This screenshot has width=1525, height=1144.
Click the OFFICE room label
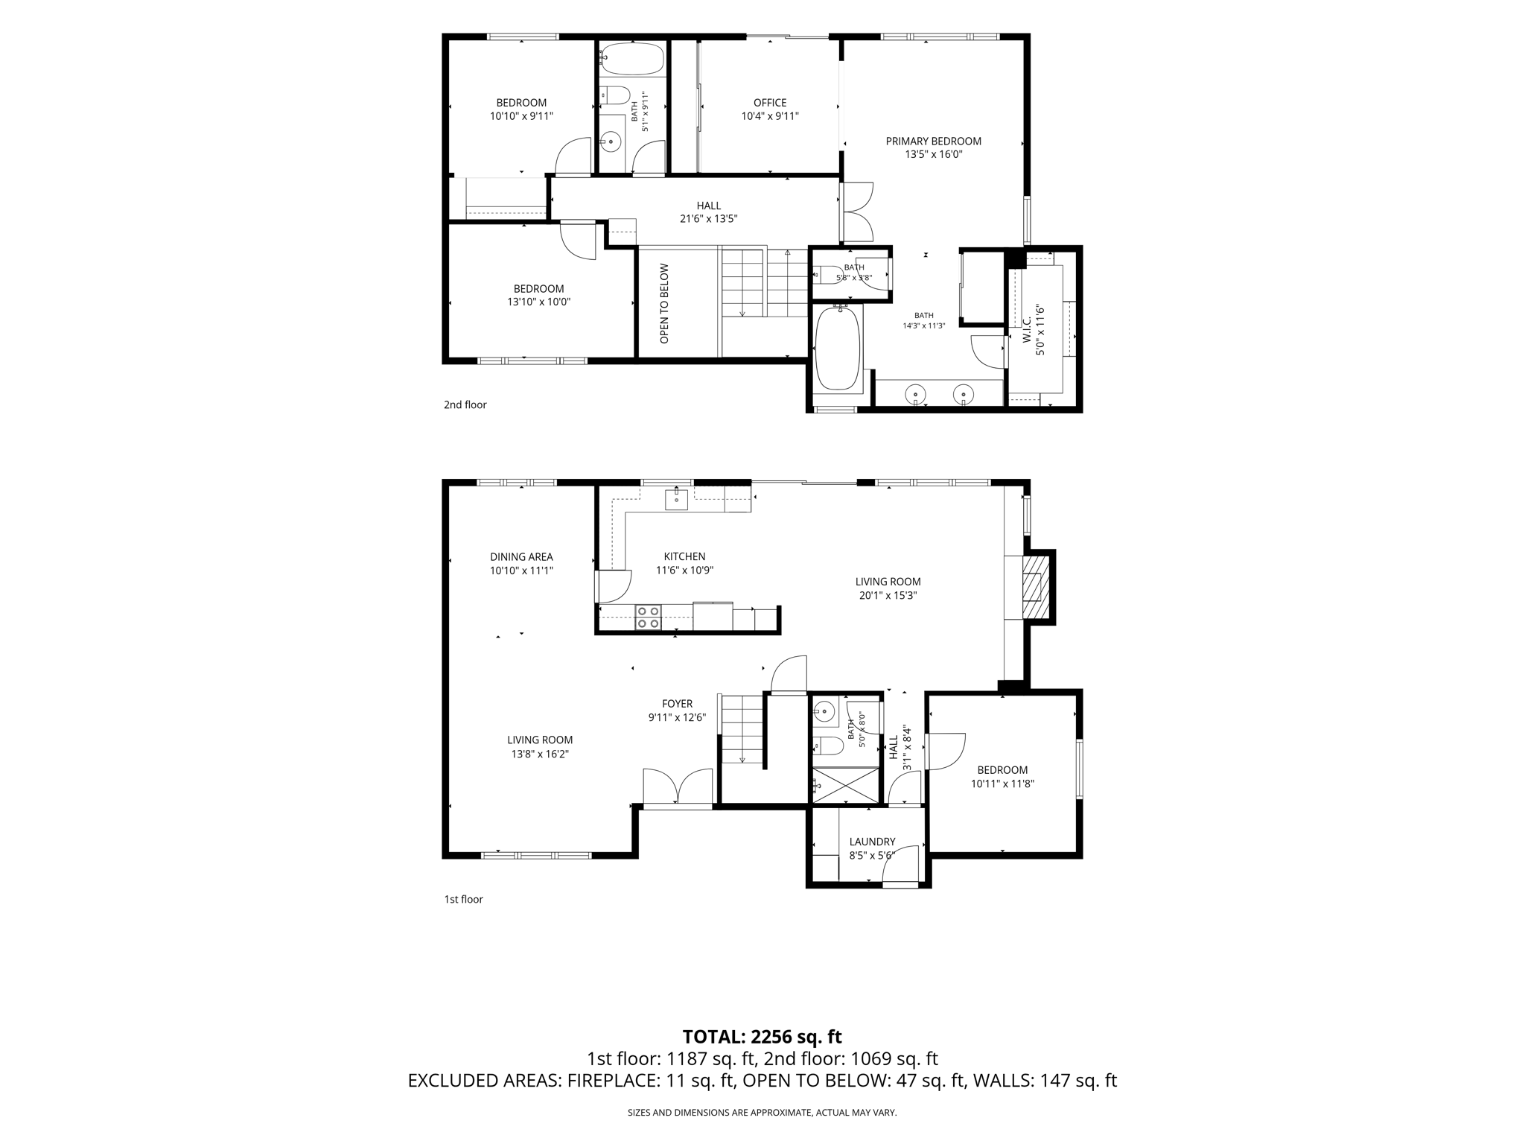click(x=770, y=103)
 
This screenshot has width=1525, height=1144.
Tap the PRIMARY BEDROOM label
click(x=934, y=142)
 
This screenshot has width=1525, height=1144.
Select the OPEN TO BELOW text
click(x=664, y=304)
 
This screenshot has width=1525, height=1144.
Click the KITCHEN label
click(x=684, y=556)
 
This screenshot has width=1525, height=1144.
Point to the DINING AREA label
click(x=521, y=557)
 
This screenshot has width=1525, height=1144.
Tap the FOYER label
click(x=677, y=704)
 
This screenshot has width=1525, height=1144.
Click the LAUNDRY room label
click(x=872, y=842)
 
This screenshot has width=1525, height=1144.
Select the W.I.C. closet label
click(x=1027, y=328)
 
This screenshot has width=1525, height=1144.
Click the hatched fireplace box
click(x=1035, y=587)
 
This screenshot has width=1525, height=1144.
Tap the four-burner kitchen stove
click(x=648, y=617)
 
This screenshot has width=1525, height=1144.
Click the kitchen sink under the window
click(x=676, y=499)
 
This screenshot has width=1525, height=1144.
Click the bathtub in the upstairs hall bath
click(x=632, y=59)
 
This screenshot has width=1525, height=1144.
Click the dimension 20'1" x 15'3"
click(x=888, y=596)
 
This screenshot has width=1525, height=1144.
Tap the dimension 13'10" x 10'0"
click(x=539, y=302)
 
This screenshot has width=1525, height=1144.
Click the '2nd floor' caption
click(x=465, y=405)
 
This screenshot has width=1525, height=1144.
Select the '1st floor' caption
click(x=464, y=900)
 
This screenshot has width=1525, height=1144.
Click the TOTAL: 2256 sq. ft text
click(x=762, y=1037)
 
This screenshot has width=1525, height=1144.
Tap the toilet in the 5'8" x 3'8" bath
click(x=827, y=276)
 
